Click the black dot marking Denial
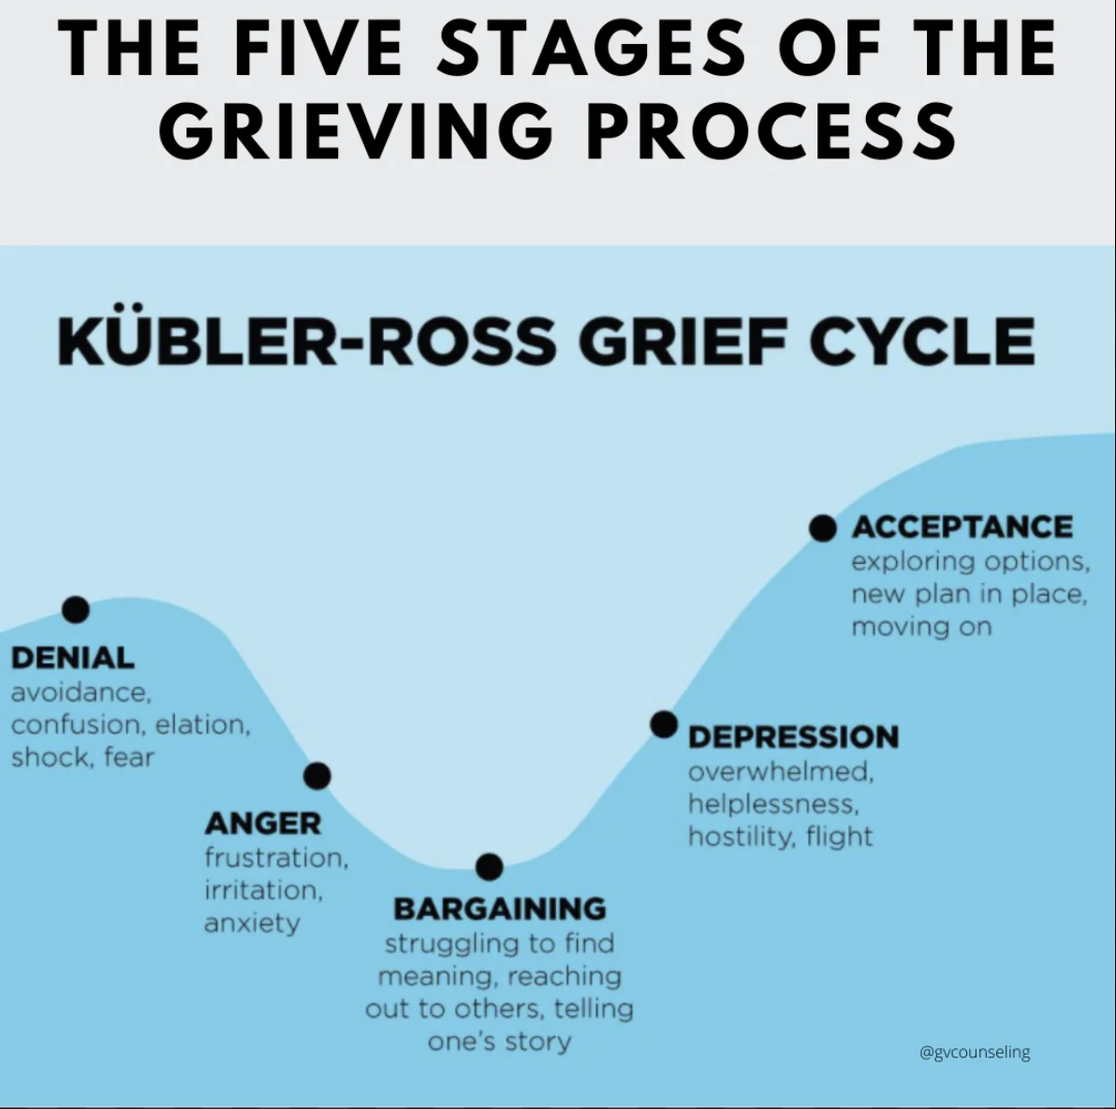(x=76, y=609)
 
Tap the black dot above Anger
(x=316, y=775)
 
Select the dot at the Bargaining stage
(x=489, y=866)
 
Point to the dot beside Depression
(x=664, y=724)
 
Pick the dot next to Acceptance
(x=823, y=527)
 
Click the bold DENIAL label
(x=73, y=658)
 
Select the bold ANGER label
(x=263, y=824)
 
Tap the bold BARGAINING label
(x=500, y=909)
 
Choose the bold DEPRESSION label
(x=794, y=736)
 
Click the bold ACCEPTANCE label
(x=962, y=527)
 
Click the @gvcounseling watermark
(x=975, y=1052)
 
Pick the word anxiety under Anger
(x=252, y=924)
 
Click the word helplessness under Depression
(x=773, y=804)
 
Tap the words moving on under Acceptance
(x=921, y=627)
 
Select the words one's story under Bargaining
(x=500, y=1042)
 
